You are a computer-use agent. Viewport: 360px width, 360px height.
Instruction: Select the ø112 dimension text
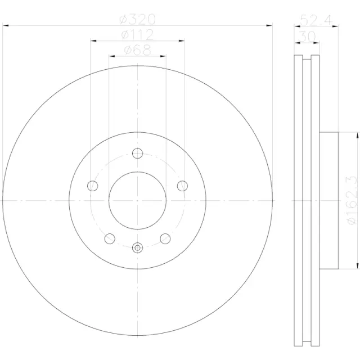click(138, 35)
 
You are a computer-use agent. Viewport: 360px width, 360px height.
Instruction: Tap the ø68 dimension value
click(137, 51)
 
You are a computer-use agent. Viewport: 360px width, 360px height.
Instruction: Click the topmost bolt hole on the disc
click(138, 152)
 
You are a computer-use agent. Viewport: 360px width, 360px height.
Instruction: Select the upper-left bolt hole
click(93, 185)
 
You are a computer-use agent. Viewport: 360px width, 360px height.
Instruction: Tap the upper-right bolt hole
click(182, 185)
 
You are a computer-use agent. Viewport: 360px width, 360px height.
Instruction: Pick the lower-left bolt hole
click(110, 238)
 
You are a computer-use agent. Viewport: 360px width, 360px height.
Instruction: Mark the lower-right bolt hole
click(165, 238)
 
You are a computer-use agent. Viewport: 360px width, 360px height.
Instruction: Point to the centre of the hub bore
click(138, 200)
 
